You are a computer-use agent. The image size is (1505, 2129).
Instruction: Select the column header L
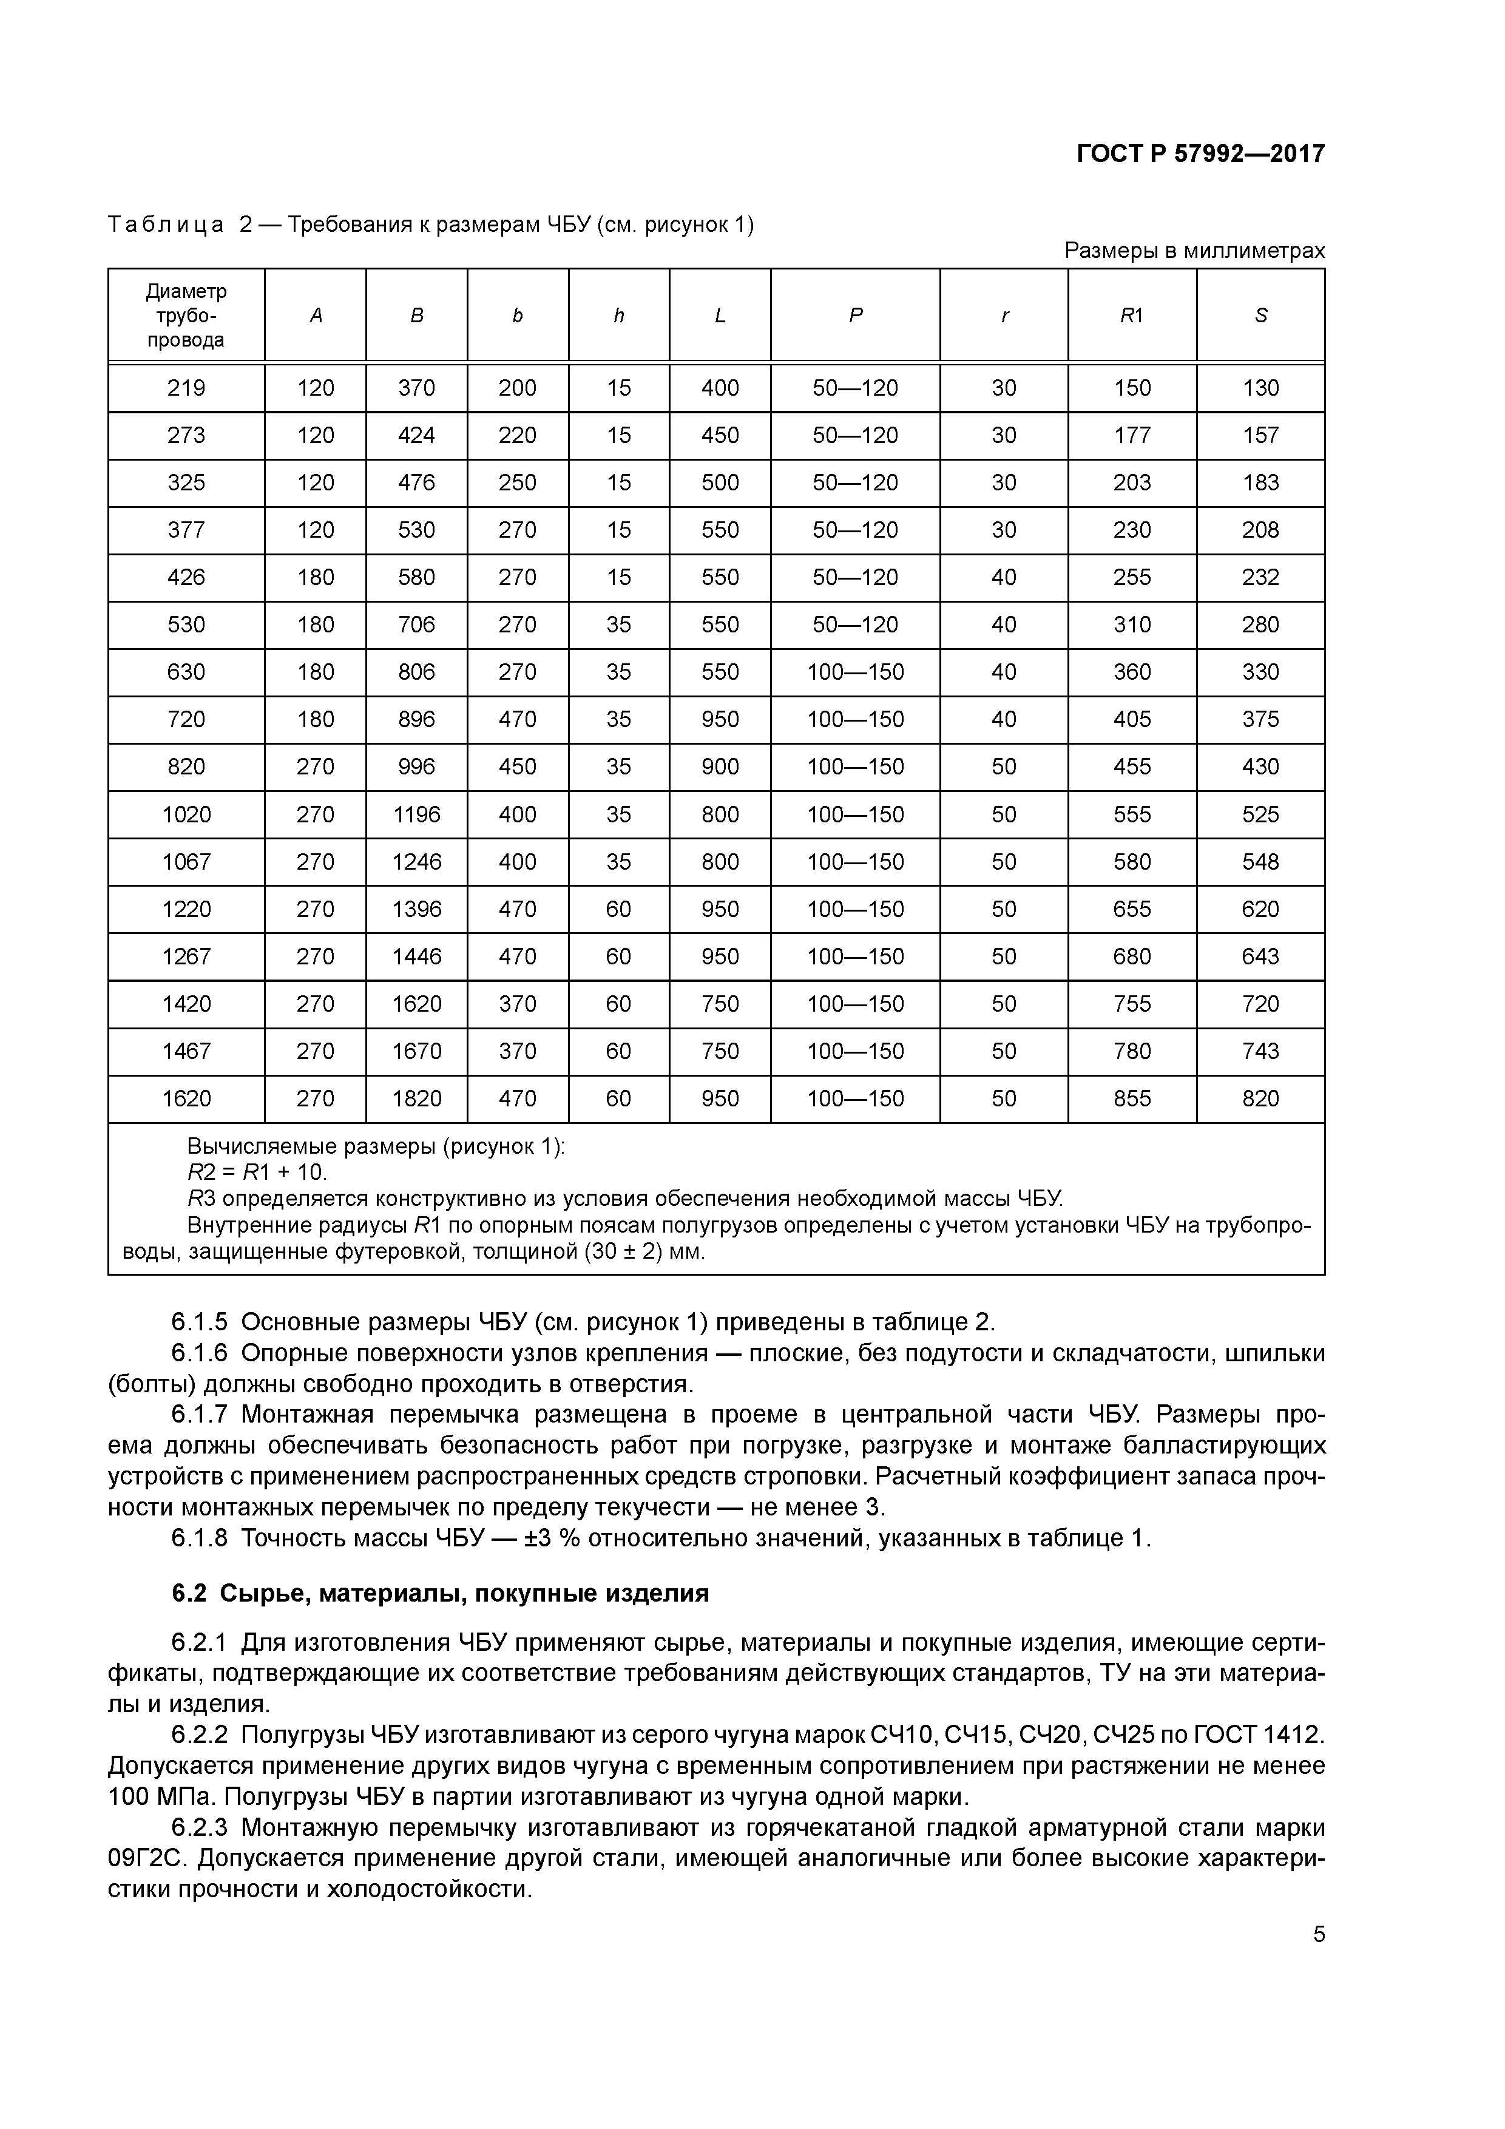click(720, 315)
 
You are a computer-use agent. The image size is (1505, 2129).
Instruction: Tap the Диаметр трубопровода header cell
click(186, 315)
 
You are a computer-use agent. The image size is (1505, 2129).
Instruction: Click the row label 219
click(186, 388)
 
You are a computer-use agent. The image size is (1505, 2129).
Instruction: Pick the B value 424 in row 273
click(416, 435)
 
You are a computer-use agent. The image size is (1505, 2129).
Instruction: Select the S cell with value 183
click(1260, 482)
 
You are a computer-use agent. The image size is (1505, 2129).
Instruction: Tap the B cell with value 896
click(416, 719)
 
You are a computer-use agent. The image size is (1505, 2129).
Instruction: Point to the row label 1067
click(186, 861)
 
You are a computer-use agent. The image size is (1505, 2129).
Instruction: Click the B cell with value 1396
click(416, 909)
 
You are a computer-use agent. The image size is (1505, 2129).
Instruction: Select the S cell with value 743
click(1260, 1051)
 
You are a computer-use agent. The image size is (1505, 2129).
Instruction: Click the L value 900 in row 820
click(720, 766)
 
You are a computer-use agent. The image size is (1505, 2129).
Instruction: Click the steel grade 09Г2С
click(148, 1859)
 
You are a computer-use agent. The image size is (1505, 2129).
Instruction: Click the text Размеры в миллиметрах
click(1194, 251)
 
